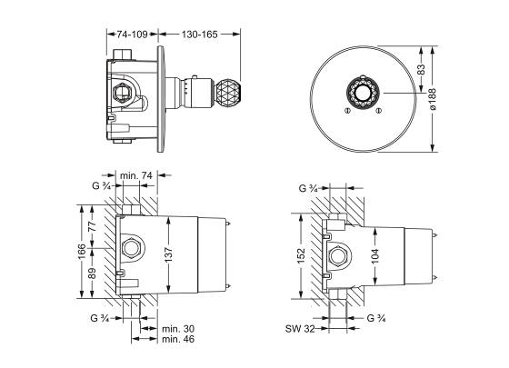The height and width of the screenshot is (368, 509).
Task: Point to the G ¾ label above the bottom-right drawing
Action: click(309, 190)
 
